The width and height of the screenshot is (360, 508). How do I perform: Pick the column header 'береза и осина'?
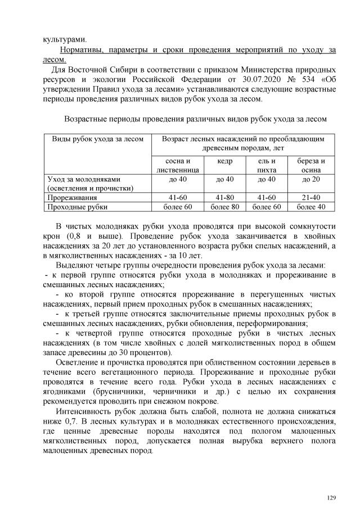(x=311, y=165)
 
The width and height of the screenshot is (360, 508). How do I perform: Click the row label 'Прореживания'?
(x=72, y=198)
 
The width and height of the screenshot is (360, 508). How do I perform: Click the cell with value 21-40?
(x=311, y=198)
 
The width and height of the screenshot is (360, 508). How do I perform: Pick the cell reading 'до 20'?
(x=311, y=179)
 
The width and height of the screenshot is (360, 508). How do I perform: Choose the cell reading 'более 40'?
(x=311, y=207)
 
